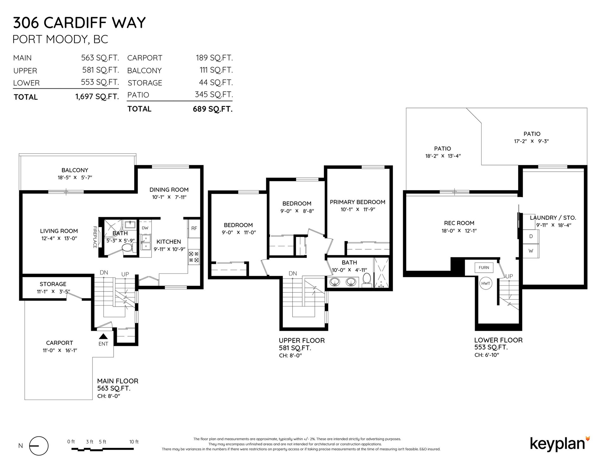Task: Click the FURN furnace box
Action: [x=484, y=268]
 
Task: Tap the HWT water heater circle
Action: [x=486, y=283]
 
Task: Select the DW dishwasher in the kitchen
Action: [x=145, y=228]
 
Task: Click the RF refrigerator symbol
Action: [x=194, y=228]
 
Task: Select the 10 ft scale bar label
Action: [x=134, y=442]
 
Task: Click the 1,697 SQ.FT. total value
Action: [x=97, y=97]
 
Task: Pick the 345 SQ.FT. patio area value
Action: [x=214, y=94]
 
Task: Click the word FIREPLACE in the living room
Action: [x=95, y=237]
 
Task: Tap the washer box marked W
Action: [x=531, y=251]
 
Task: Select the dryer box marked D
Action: [x=531, y=237]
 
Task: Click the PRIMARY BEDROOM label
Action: [x=358, y=202]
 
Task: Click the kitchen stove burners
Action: [x=194, y=257]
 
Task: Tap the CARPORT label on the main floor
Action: [x=60, y=343]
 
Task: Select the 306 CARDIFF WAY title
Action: [x=79, y=22]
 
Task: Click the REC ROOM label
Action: [x=459, y=223]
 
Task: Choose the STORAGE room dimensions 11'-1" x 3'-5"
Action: [x=53, y=291]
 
